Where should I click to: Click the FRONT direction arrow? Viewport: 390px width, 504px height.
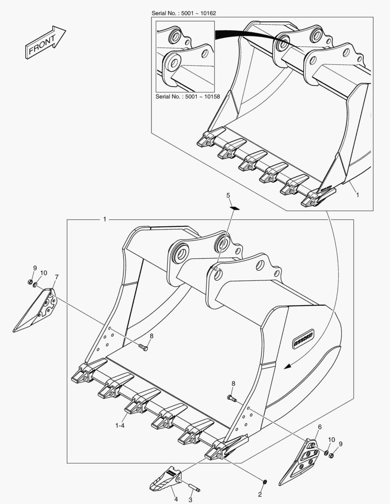[45, 42]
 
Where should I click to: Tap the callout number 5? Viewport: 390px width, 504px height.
[229, 195]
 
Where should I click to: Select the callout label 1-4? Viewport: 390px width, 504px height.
[120, 425]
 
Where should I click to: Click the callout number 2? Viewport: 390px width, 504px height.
[260, 494]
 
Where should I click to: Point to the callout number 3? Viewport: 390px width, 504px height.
[190, 499]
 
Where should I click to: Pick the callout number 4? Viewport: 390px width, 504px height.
[176, 499]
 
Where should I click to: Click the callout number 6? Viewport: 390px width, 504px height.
[320, 427]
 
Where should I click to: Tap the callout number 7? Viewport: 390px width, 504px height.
[57, 277]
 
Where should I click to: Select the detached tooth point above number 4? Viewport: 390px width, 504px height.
[165, 479]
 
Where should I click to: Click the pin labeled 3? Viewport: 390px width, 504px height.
[195, 488]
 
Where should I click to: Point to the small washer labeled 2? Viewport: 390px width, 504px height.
[265, 481]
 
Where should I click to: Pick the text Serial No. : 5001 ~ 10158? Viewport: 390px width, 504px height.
[188, 97]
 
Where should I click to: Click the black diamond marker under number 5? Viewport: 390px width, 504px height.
[235, 208]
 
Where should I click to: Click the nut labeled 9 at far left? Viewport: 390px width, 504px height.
[30, 282]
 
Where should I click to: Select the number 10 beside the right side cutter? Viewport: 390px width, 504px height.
[331, 440]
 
